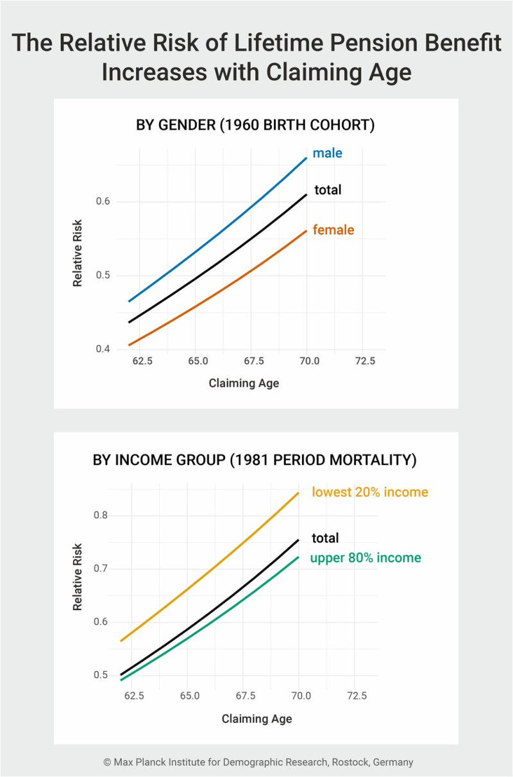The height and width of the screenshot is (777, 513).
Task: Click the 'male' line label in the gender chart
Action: [327, 153]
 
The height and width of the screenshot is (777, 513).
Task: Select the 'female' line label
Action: [333, 230]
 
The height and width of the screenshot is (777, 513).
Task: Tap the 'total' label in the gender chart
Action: [327, 190]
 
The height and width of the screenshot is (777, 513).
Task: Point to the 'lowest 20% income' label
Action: [370, 492]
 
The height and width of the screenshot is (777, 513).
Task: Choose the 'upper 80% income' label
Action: [366, 558]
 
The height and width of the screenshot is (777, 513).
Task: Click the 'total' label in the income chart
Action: [325, 538]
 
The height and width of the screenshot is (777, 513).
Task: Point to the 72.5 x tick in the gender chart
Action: [364, 361]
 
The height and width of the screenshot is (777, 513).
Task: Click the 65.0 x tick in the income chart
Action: [190, 696]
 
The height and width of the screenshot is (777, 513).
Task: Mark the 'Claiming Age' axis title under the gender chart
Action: [244, 384]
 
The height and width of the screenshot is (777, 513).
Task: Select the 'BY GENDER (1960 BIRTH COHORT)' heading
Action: [255, 125]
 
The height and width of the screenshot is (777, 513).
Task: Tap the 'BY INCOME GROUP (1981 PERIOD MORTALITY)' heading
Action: [255, 460]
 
